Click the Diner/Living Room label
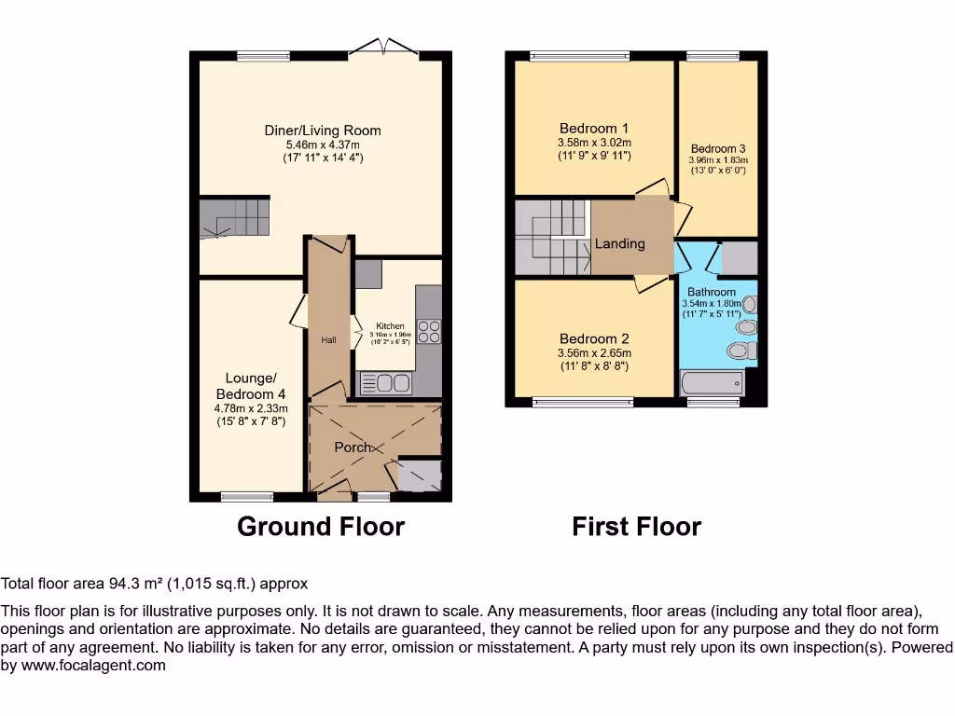coord(323,131)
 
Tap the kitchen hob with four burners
coord(429,332)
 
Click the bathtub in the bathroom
coord(713,383)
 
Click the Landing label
coord(620,243)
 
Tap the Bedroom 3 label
coord(717,148)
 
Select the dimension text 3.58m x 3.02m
coord(594,143)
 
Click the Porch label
coord(353,447)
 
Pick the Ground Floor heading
coord(321,527)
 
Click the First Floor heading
coord(636,527)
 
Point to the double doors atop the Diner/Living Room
coord(384,46)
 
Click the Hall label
coord(328,341)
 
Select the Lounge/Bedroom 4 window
coord(247,496)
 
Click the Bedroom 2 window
coord(583,403)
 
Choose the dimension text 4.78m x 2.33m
coord(250,408)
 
